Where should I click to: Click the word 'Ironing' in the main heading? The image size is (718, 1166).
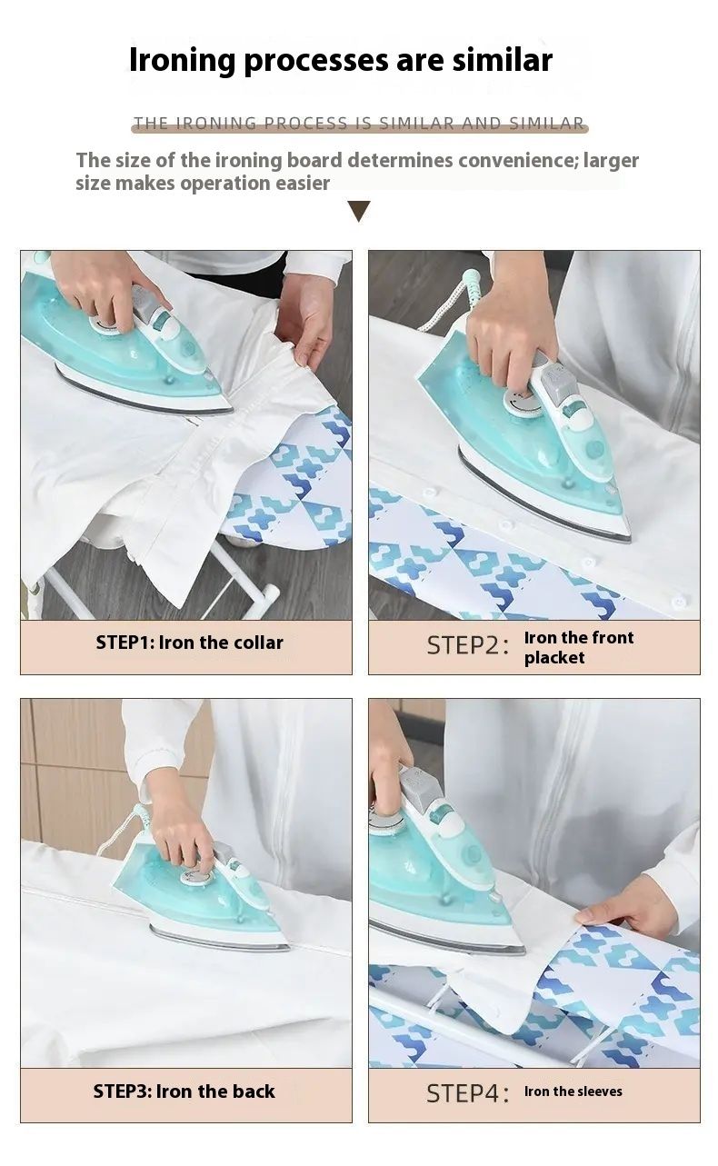coord(183,61)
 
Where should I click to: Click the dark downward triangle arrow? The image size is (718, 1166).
coord(359,211)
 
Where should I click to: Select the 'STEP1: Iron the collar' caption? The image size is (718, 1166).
coord(190,643)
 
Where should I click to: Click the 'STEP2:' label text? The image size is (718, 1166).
coord(467,645)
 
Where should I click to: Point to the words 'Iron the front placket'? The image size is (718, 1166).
coord(578,647)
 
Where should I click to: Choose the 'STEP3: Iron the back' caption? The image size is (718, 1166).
coord(184,1091)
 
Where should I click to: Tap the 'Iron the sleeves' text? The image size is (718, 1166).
coord(573,1091)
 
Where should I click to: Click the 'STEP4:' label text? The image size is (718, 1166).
coord(467,1093)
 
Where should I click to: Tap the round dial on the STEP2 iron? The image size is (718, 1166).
coord(523,403)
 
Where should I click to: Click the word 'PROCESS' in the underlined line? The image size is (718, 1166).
coord(305,123)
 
